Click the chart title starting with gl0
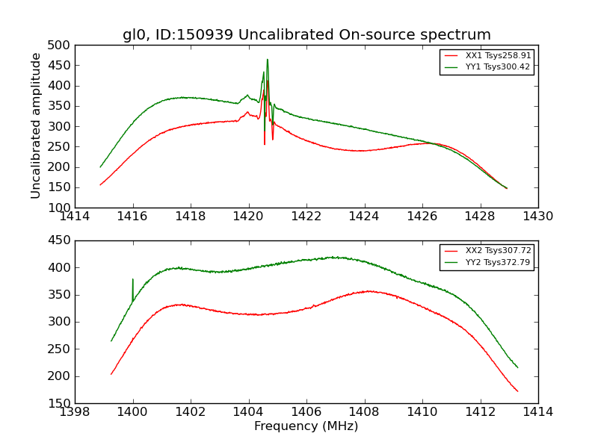coord(306,35)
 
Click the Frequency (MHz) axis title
coord(306,426)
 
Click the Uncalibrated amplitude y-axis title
coord(36,125)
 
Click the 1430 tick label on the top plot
coord(537,217)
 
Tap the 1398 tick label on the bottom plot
coord(75,412)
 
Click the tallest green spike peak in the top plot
coord(267,60)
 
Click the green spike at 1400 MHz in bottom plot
coord(133,280)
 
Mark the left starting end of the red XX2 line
coord(111,374)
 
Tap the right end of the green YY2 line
coord(517,367)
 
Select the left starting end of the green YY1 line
coord(100,167)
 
